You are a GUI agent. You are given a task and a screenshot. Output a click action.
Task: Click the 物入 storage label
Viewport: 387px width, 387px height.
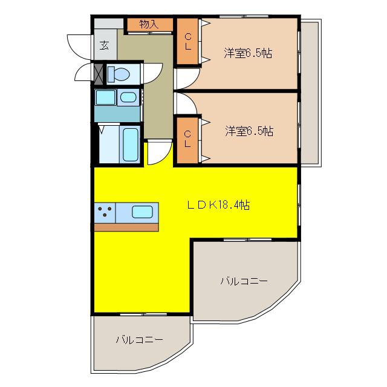pyautogui.click(x=149, y=24)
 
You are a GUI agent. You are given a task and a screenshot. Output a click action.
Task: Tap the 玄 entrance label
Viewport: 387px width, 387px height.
pyautogui.click(x=104, y=46)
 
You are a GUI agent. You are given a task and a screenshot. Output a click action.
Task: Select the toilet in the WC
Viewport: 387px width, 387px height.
pyautogui.click(x=119, y=74)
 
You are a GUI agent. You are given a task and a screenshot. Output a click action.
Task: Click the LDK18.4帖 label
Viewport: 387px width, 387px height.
pyautogui.click(x=218, y=205)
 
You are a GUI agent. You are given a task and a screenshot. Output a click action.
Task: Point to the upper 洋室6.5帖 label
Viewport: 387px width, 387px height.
pyautogui.click(x=248, y=53)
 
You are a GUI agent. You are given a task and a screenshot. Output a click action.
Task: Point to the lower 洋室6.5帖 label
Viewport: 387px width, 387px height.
pyautogui.click(x=249, y=131)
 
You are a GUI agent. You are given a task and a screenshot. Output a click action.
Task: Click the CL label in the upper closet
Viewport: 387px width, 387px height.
pyautogui.click(x=188, y=42)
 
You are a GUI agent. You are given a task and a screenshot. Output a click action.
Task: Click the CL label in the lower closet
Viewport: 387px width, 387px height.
pyautogui.click(x=187, y=139)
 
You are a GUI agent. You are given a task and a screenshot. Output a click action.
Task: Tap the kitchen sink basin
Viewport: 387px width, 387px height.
pyautogui.click(x=142, y=212)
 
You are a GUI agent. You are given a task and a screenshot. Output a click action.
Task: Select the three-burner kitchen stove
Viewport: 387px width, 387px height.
pyautogui.click(x=105, y=212)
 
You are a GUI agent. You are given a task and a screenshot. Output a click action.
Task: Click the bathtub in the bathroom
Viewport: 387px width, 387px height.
pyautogui.click(x=130, y=145)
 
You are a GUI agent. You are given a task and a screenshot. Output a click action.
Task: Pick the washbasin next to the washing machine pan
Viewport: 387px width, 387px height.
pyautogui.click(x=128, y=97)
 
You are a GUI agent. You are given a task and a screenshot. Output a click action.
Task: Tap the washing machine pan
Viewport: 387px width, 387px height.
pyautogui.click(x=106, y=97)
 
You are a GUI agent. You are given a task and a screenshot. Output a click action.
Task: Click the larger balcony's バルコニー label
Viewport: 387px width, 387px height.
pyautogui.click(x=244, y=281)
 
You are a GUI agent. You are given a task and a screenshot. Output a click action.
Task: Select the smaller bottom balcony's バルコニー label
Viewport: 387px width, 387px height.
pyautogui.click(x=140, y=340)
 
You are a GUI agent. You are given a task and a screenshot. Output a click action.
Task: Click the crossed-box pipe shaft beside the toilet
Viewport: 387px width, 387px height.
pyautogui.click(x=99, y=74)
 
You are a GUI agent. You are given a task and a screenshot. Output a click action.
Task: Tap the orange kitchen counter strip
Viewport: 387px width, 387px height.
pyautogui.click(x=126, y=227)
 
